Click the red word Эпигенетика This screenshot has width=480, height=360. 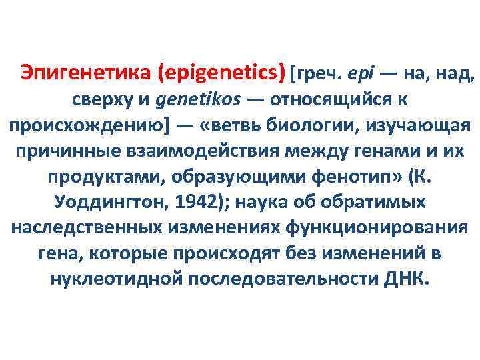click(x=87, y=71)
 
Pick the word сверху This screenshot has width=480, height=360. click(x=103, y=100)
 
